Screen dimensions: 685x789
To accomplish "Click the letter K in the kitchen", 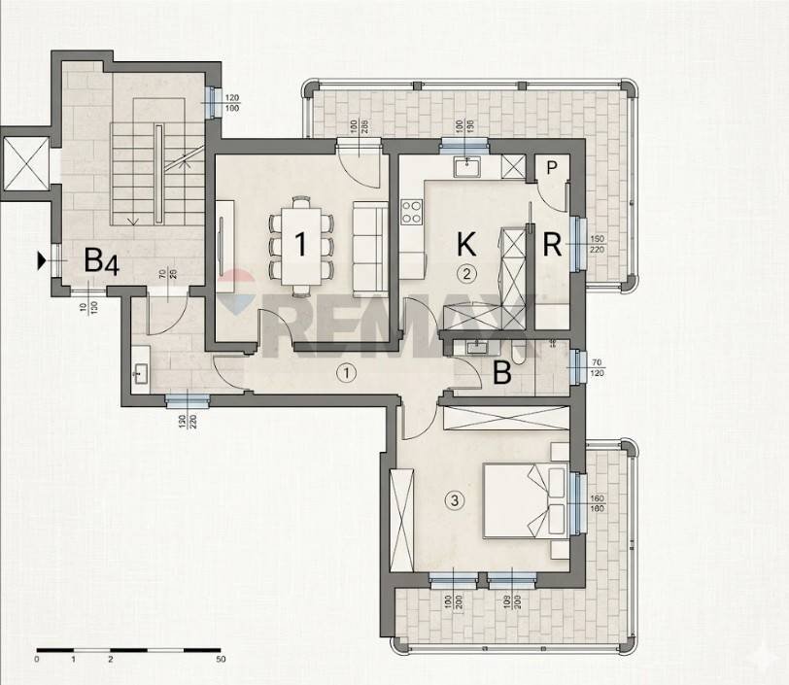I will click(x=466, y=243).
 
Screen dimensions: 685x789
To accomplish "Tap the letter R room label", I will click(x=552, y=244).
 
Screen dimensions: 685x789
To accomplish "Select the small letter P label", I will click(x=551, y=167).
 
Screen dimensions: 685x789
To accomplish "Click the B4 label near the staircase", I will click(x=101, y=260).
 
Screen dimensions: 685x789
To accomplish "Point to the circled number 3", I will click(x=453, y=501).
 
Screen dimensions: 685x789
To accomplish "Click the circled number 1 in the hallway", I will click(x=346, y=371).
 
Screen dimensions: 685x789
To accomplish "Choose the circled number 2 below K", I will click(x=467, y=273).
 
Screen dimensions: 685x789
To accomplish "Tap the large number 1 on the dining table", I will click(x=300, y=243).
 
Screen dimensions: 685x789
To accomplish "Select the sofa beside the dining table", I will click(x=368, y=249).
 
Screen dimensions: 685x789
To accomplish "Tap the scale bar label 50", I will click(x=223, y=660).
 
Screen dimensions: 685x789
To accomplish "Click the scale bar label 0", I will click(x=36, y=660).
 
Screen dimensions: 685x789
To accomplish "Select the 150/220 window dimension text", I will click(x=597, y=244).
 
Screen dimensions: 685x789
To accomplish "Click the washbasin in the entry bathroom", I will click(x=140, y=371).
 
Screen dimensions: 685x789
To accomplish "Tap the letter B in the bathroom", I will click(x=502, y=373).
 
